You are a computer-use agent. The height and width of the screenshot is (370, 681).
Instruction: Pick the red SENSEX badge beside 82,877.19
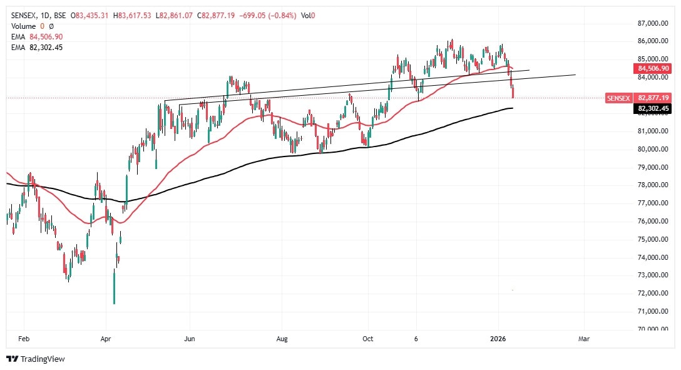618,98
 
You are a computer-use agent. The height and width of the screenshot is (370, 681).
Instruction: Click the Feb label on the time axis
24,339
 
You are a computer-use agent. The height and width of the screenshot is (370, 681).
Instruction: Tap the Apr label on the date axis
106,339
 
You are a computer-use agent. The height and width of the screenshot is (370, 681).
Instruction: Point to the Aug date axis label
282,339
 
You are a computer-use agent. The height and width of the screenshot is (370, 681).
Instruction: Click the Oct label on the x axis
367,339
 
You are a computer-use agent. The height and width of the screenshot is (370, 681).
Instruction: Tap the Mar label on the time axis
584,339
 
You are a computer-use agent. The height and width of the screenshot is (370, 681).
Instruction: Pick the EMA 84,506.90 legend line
37,37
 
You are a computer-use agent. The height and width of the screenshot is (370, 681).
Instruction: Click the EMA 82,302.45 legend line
37,47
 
